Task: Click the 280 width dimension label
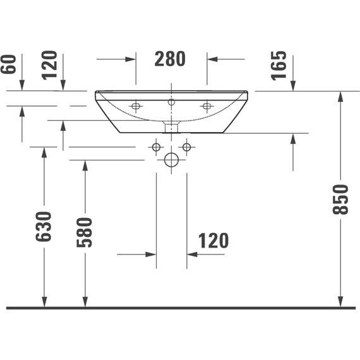[x=171, y=59]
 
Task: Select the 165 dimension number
[x=280, y=66]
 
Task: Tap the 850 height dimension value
[x=341, y=200]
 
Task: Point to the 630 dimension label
[x=44, y=227]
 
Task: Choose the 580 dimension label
[x=85, y=232]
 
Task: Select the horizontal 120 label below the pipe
[x=213, y=241]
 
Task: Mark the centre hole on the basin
[x=171, y=102]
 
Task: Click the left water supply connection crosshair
[x=156, y=147]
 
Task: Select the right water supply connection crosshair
[x=186, y=147]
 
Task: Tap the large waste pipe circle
[x=171, y=160]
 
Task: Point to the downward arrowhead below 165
[x=293, y=87]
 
